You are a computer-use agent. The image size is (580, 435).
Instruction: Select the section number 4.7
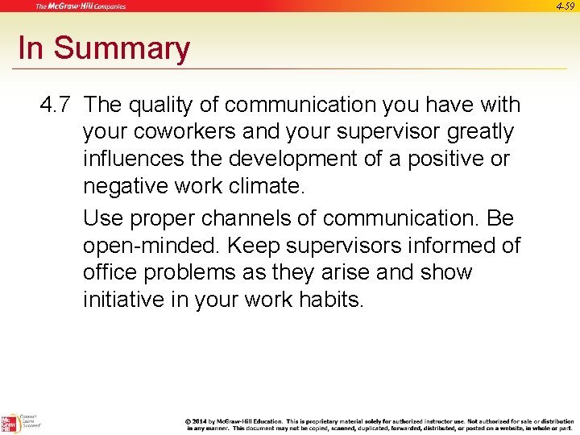(x=56, y=105)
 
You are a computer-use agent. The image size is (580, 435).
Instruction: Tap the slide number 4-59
(x=565, y=6)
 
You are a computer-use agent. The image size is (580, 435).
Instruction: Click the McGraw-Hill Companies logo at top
(x=81, y=6)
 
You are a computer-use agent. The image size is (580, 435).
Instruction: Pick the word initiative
(x=122, y=300)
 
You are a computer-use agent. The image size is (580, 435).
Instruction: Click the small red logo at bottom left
(x=9, y=422)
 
